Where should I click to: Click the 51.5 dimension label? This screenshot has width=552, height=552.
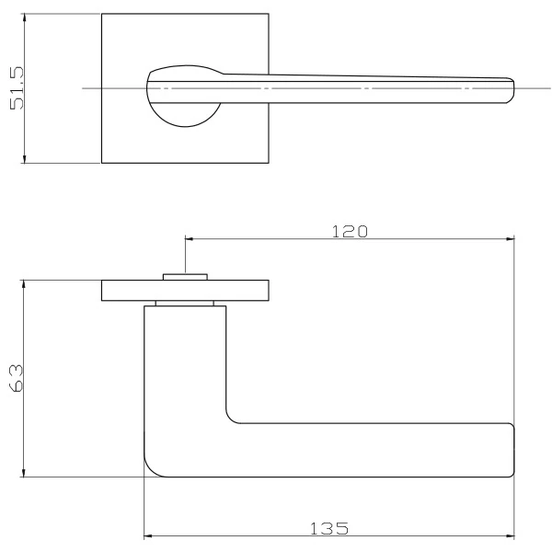tap(17, 88)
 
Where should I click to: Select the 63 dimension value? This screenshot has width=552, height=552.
tap(17, 378)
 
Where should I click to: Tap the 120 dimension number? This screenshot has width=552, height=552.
tap(350, 232)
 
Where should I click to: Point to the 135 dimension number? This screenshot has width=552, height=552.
tap(329, 528)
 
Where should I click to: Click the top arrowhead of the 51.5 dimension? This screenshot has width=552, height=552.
tap(24, 17)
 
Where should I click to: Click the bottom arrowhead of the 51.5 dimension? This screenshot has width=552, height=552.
tap(24, 159)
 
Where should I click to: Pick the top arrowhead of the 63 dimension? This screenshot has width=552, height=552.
tap(24, 284)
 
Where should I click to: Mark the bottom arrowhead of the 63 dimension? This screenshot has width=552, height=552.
tap(24, 473)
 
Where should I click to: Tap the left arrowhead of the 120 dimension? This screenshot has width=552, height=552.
tap(190, 239)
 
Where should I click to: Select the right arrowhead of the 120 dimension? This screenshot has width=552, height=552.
tap(510, 239)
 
